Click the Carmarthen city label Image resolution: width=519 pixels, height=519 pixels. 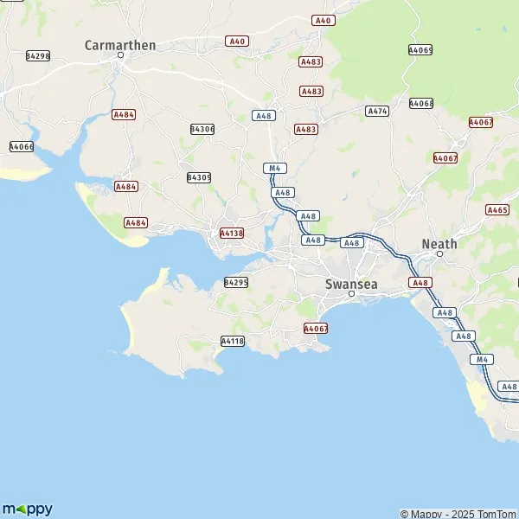[120, 45]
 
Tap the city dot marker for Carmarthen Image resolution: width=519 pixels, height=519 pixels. [121, 56]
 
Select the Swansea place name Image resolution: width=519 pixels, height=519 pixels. [351, 283]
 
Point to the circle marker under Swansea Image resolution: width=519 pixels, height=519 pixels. [351, 294]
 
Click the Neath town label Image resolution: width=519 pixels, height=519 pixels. [439, 244]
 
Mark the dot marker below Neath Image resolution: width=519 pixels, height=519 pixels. [439, 255]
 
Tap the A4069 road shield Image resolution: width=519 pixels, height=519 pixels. [420, 50]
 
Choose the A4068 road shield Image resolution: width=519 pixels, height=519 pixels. [421, 104]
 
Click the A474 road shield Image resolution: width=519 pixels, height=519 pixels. [377, 111]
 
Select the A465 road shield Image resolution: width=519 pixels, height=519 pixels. [497, 209]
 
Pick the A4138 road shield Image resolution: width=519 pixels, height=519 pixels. [231, 233]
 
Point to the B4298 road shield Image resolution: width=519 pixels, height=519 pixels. [37, 55]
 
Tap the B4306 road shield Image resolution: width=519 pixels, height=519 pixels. [202, 129]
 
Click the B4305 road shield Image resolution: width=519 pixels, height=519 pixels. [199, 176]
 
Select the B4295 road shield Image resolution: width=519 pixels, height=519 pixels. [236, 282]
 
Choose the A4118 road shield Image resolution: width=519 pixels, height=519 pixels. [233, 341]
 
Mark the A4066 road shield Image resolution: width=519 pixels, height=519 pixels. [21, 147]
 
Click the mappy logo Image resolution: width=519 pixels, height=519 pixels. [28, 509]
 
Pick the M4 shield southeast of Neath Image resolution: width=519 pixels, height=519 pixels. [480, 358]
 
